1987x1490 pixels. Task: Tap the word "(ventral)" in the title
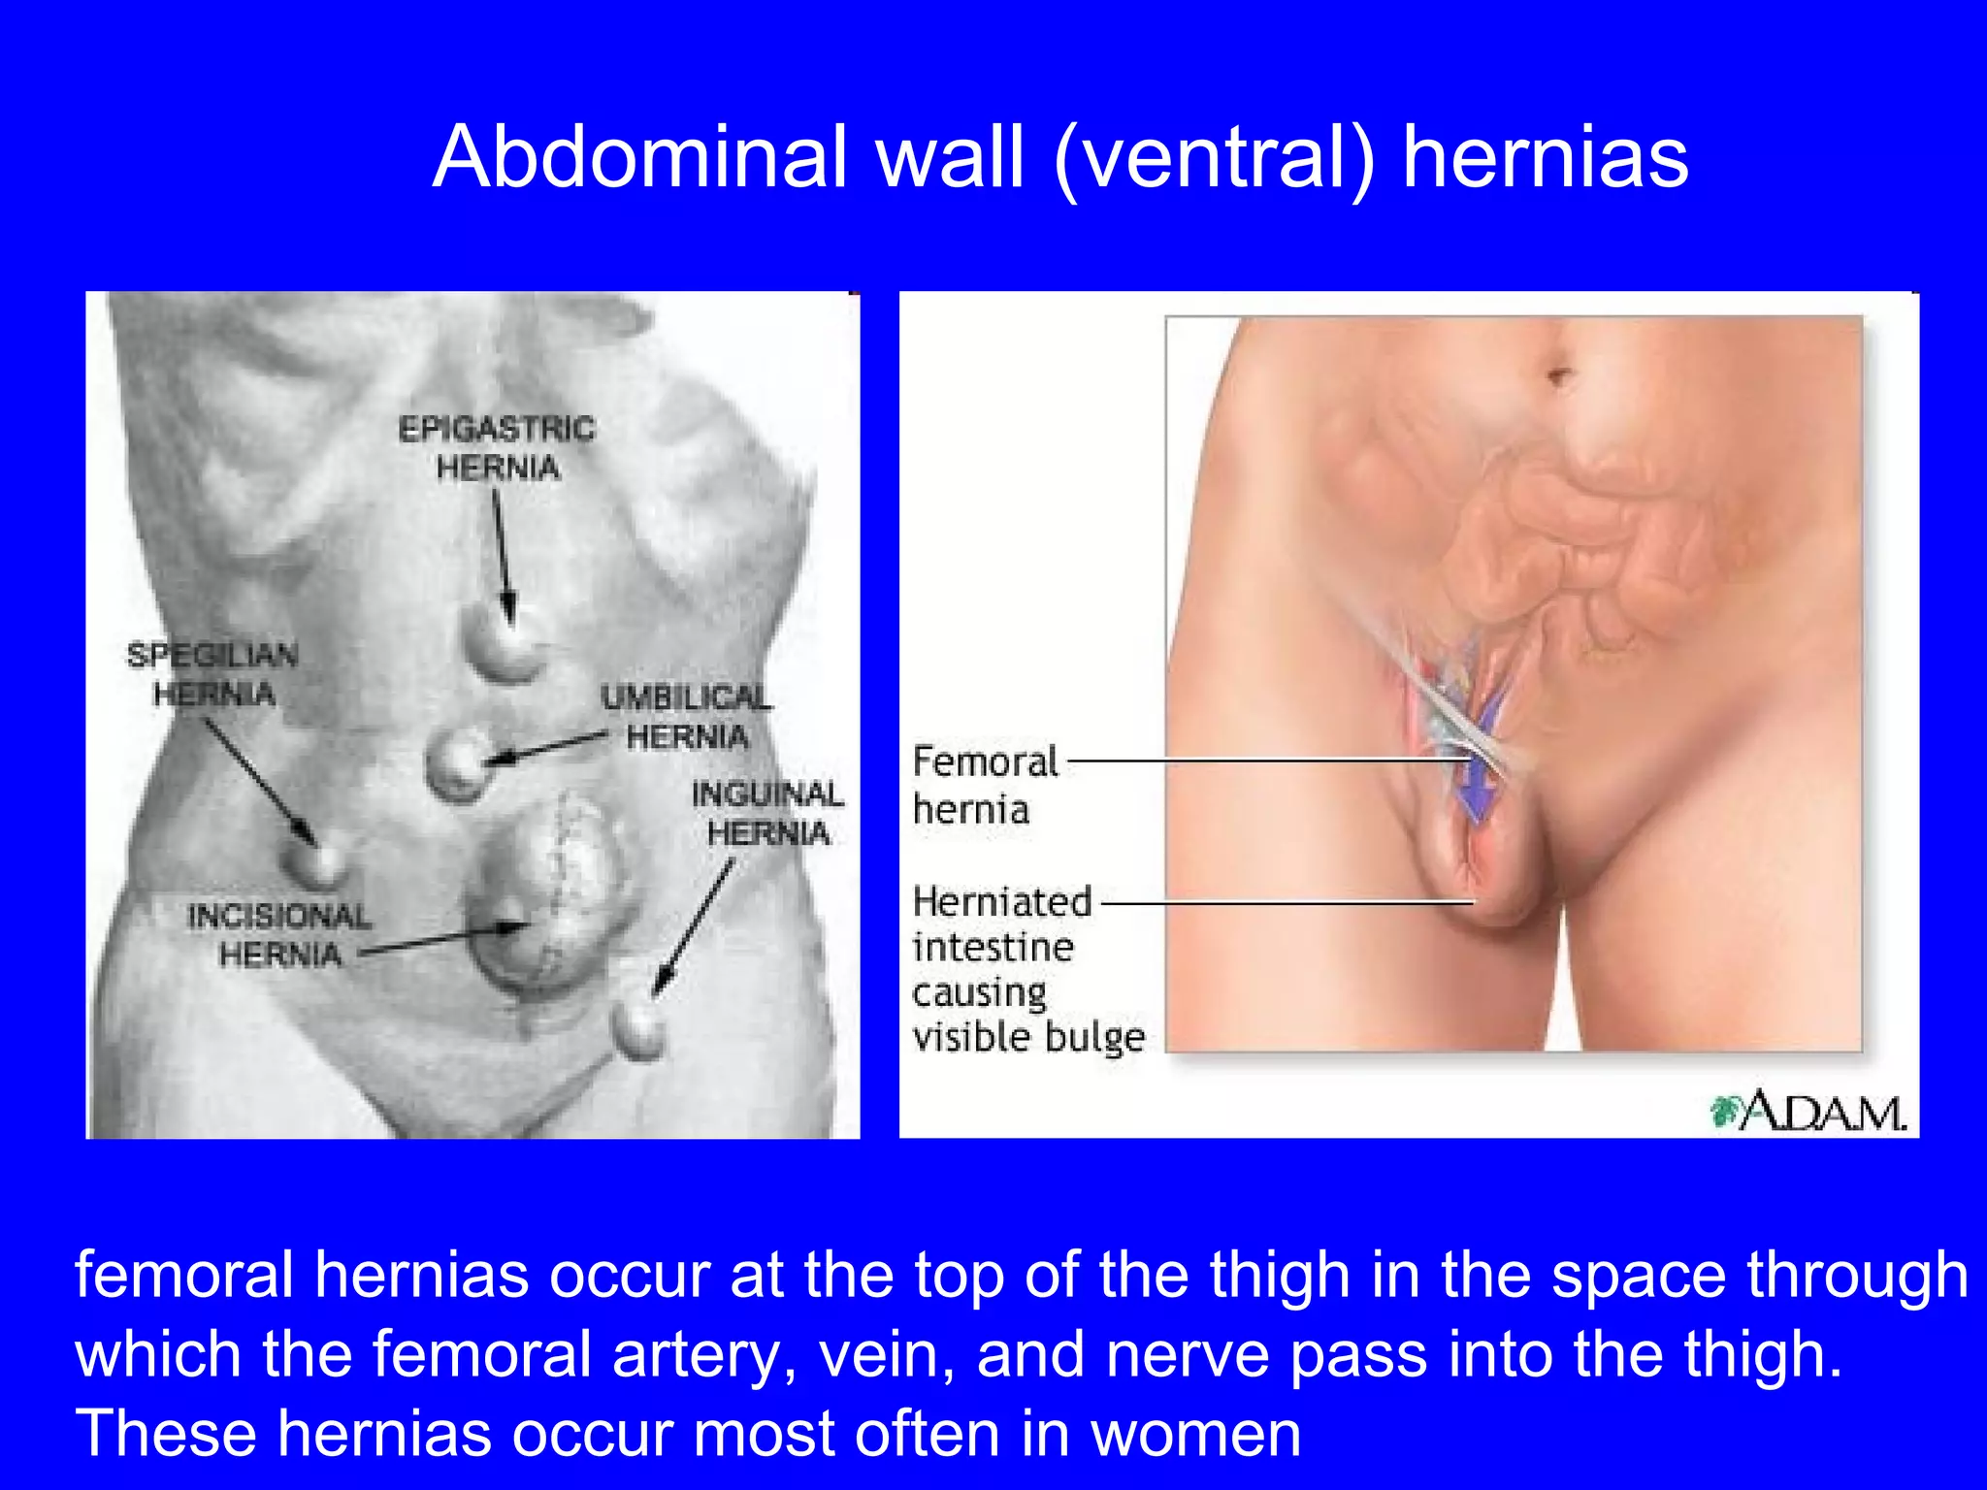click(x=1215, y=159)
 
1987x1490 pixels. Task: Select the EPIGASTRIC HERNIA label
click(x=497, y=447)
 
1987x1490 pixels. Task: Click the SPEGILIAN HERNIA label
click(x=213, y=674)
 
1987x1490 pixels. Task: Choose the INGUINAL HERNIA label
click(x=767, y=813)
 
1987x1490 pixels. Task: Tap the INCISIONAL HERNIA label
click(x=279, y=935)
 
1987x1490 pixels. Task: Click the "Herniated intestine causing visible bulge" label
click(x=1026, y=968)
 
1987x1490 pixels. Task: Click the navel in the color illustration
click(x=1558, y=374)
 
